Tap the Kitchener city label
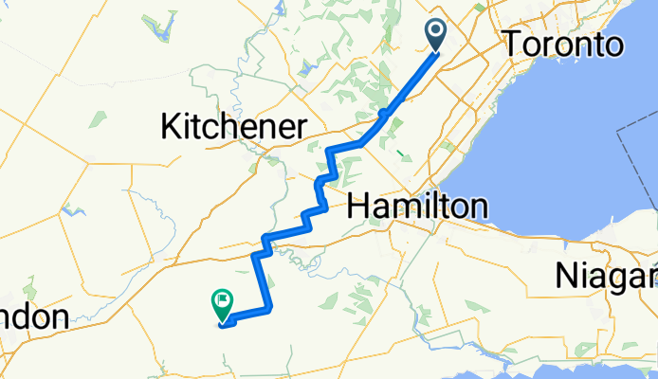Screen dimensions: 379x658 click(234, 125)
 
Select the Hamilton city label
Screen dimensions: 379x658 click(418, 205)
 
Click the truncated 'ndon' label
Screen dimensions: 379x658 click(34, 316)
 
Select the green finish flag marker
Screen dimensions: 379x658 click(220, 304)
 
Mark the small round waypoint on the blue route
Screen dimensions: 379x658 click(384, 114)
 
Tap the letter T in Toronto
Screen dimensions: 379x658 click(513, 44)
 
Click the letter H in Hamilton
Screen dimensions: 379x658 click(361, 205)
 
